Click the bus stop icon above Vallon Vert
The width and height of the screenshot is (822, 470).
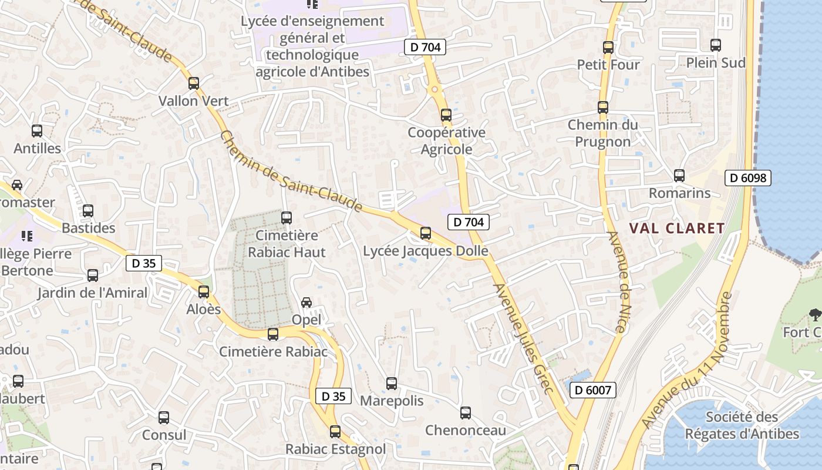[x=194, y=83]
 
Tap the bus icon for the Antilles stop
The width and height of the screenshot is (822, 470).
[x=37, y=131]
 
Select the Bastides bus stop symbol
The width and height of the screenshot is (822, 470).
[x=88, y=210]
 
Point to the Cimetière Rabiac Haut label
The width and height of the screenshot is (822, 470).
[x=287, y=244]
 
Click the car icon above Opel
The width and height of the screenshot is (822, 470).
[x=306, y=303]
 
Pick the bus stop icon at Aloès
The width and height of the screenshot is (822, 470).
[x=204, y=291]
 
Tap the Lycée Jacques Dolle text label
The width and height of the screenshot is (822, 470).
[x=426, y=251]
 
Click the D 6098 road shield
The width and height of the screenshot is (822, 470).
[x=747, y=177]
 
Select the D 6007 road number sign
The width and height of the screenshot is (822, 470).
[x=592, y=390]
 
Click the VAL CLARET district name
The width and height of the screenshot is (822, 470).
[x=677, y=229]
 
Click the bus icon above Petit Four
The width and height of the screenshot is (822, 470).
[x=608, y=48]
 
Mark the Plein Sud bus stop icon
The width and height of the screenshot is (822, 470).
[x=716, y=45]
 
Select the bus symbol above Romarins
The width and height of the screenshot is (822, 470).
[x=679, y=175]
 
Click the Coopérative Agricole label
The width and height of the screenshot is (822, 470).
[x=447, y=141]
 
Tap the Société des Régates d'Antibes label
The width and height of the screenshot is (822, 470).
[x=742, y=426]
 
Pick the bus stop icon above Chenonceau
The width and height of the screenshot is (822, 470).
[x=466, y=413]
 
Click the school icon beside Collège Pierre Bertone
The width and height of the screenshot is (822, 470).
[x=26, y=236]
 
